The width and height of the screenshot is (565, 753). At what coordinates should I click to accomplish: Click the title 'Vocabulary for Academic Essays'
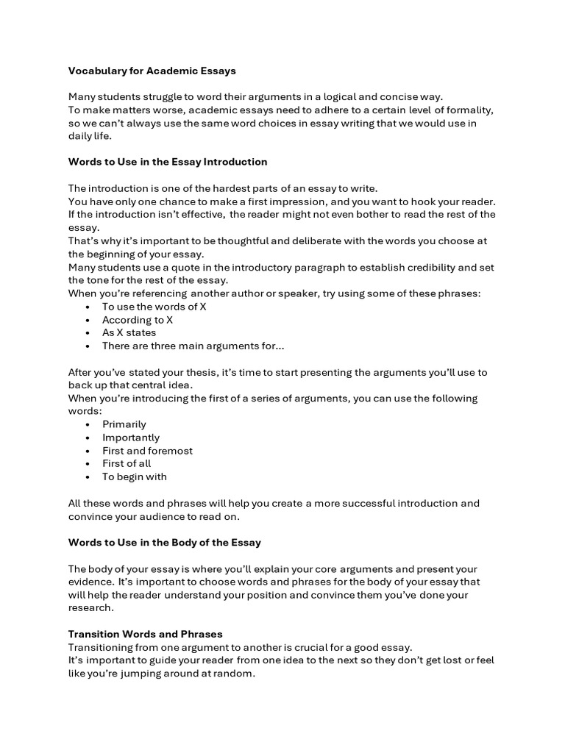click(x=152, y=71)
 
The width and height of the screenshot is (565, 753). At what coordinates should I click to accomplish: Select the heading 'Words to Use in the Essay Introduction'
click(x=168, y=161)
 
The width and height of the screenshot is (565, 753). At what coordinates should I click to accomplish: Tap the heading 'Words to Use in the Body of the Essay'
click(x=165, y=543)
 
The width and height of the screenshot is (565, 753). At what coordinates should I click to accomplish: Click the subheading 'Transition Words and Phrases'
click(x=146, y=634)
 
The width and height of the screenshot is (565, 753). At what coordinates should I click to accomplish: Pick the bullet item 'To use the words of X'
click(x=154, y=307)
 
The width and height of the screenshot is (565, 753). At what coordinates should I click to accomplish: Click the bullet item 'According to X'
click(x=138, y=320)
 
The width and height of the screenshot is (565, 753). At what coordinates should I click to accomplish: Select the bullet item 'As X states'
click(x=129, y=332)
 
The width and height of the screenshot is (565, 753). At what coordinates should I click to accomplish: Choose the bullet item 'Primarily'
click(x=124, y=424)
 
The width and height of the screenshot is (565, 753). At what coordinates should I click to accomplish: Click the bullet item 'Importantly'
click(x=130, y=438)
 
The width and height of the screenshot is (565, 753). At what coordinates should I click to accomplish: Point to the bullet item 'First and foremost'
click(x=147, y=451)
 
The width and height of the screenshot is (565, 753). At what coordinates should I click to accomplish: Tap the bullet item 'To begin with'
click(x=134, y=477)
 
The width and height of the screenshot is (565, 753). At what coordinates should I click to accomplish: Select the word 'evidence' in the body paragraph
click(x=90, y=582)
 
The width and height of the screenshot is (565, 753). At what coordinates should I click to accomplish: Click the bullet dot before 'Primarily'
click(x=88, y=425)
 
